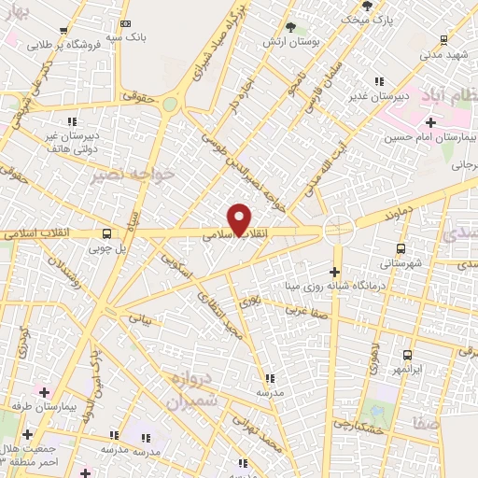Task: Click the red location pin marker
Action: point(241,218)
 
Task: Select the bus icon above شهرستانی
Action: point(401,248)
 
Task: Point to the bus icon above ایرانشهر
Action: point(407,355)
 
